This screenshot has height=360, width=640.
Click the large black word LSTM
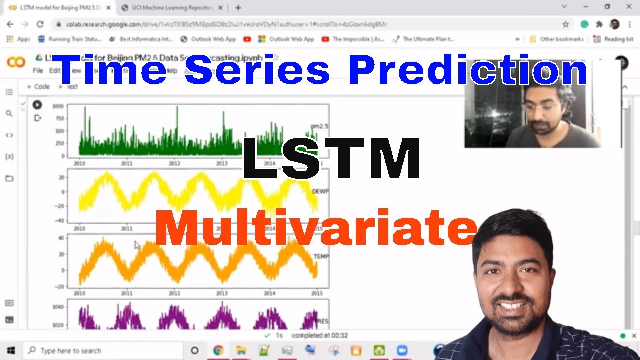(x=331, y=159)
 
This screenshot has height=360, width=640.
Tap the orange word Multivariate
(x=316, y=228)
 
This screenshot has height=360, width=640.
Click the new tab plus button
(x=238, y=8)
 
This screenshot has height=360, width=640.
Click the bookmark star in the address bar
(x=566, y=24)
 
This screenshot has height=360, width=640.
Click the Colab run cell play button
(x=37, y=105)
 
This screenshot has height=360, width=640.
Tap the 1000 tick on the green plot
(x=58, y=106)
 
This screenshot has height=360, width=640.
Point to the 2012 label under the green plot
(x=174, y=163)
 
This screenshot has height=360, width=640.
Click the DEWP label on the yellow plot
(x=320, y=192)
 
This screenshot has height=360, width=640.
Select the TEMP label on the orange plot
(x=321, y=257)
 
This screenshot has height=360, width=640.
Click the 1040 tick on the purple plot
(x=58, y=307)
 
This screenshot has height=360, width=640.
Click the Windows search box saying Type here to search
(x=71, y=351)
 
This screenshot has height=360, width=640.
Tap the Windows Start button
(x=10, y=350)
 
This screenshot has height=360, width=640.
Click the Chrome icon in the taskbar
(x=218, y=350)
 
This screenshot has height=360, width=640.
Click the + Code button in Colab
(x=38, y=87)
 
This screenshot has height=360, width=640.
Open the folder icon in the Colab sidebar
(x=9, y=178)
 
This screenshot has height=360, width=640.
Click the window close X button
(x=629, y=7)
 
